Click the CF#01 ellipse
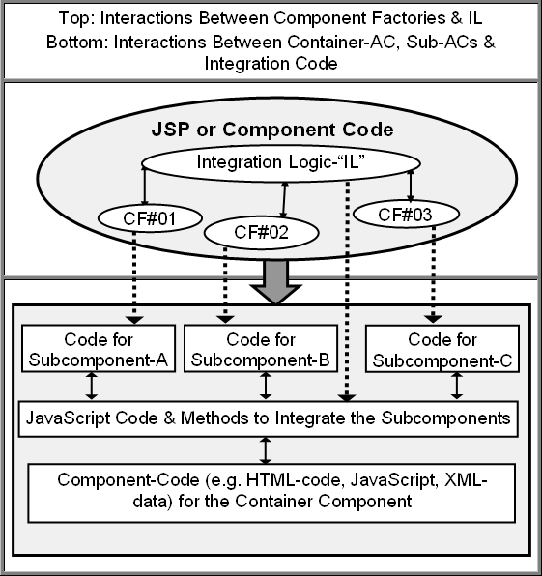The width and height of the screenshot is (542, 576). coord(150,218)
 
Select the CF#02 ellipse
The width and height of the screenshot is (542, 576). coord(261,233)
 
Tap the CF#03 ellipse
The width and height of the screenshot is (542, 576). coord(406,215)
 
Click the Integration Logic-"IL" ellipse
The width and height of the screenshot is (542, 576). coord(281,162)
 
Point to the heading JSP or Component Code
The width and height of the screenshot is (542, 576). coord(272,130)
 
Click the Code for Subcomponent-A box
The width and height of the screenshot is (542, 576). coord(99,349)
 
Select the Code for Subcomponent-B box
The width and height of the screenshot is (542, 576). coord(261,349)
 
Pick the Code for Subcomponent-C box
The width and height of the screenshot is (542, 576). coord(442,349)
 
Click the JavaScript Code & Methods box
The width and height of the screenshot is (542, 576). coord(269,418)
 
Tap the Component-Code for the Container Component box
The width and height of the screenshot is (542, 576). coord(271,493)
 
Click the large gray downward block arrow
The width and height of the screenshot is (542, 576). coord(275,282)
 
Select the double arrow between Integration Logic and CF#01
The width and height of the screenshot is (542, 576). coord(144,186)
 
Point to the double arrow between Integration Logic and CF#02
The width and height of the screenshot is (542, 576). coord(284,200)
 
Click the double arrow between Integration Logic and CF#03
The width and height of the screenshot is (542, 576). coord(411,186)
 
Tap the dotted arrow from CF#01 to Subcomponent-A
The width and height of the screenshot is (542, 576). coord(134,278)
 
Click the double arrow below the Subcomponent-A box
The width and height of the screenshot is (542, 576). coord(92,386)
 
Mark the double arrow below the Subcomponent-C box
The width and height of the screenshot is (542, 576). coord(457,386)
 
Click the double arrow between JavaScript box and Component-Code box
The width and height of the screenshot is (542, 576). coord(266,450)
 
